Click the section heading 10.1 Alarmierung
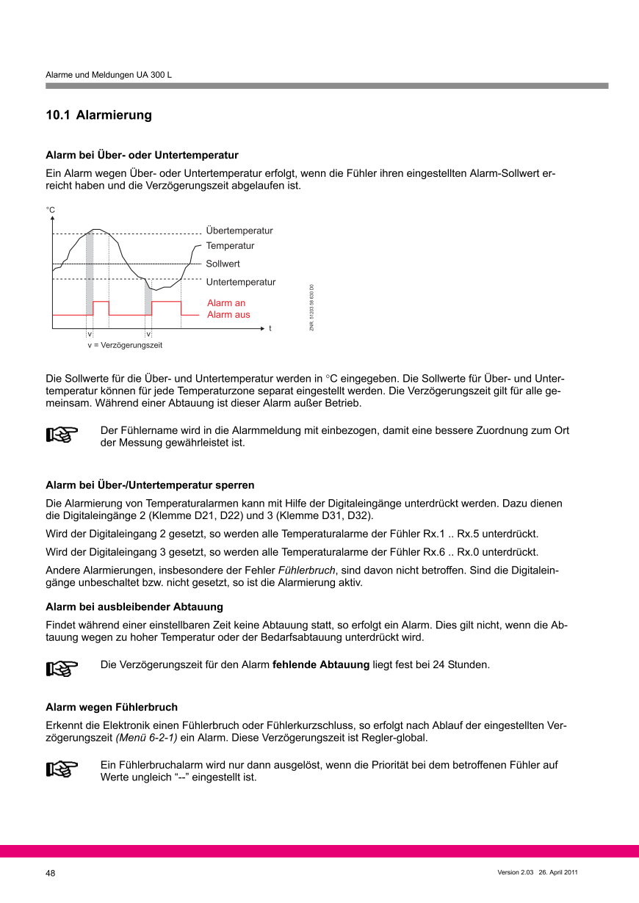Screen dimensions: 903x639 click(x=98, y=115)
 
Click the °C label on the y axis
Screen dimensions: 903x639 click(x=51, y=210)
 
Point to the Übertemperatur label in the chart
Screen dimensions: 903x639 click(x=239, y=231)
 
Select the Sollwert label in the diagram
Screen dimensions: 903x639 click(x=223, y=264)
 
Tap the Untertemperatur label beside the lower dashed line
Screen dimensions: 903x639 click(x=241, y=282)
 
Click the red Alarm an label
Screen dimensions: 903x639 click(x=226, y=303)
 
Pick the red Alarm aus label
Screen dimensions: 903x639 click(x=228, y=315)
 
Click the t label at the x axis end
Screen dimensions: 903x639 click(x=270, y=328)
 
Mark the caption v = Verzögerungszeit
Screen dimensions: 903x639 click(x=125, y=345)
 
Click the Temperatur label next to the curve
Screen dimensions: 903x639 click(x=230, y=246)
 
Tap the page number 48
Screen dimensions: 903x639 click(x=51, y=874)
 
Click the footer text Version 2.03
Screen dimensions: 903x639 click(x=515, y=872)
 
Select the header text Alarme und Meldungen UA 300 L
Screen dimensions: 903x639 click(x=109, y=75)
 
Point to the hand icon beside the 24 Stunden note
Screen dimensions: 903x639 click(x=62, y=668)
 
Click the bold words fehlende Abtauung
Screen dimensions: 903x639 click(x=320, y=665)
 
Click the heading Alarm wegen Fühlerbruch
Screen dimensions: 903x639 click(x=112, y=707)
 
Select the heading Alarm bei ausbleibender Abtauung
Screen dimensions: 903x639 click(x=134, y=606)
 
